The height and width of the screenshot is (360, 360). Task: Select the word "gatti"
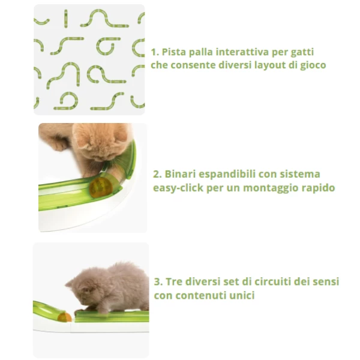pyautogui.click(x=302, y=53)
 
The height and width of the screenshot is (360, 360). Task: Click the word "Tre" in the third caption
pyautogui.click(x=174, y=282)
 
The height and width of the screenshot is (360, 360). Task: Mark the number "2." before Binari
pyautogui.click(x=157, y=174)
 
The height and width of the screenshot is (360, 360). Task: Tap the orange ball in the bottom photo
pyautogui.click(x=65, y=317)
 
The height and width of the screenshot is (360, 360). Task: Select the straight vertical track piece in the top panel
pyautogui.click(x=66, y=19)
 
